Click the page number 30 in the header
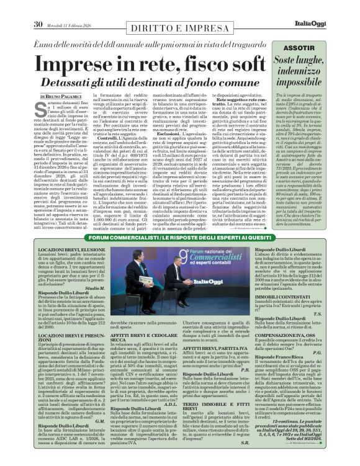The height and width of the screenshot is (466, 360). (x=38, y=7)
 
